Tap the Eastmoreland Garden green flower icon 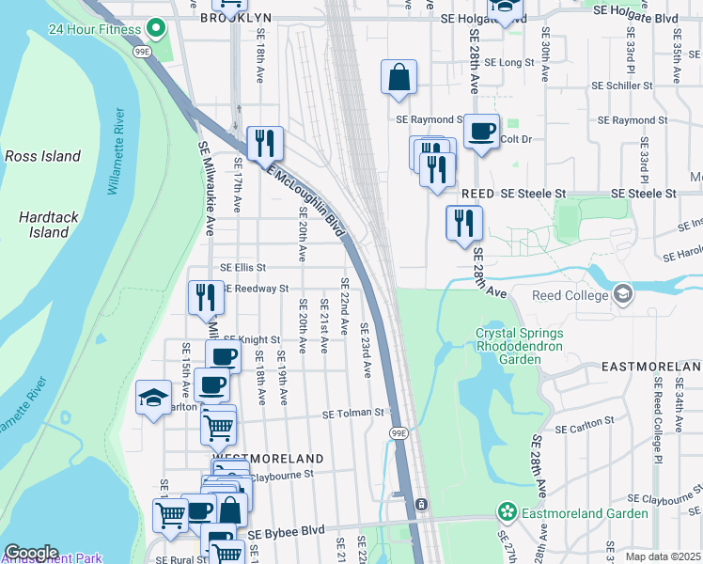[508, 513]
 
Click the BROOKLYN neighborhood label [236, 18]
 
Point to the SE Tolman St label [354, 413]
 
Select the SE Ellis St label [243, 268]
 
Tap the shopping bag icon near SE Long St [398, 77]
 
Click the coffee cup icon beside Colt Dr [482, 132]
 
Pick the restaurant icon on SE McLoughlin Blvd [265, 143]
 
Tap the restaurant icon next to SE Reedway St [206, 297]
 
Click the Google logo [31, 552]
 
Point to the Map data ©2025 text [664, 556]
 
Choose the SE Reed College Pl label [657, 405]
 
